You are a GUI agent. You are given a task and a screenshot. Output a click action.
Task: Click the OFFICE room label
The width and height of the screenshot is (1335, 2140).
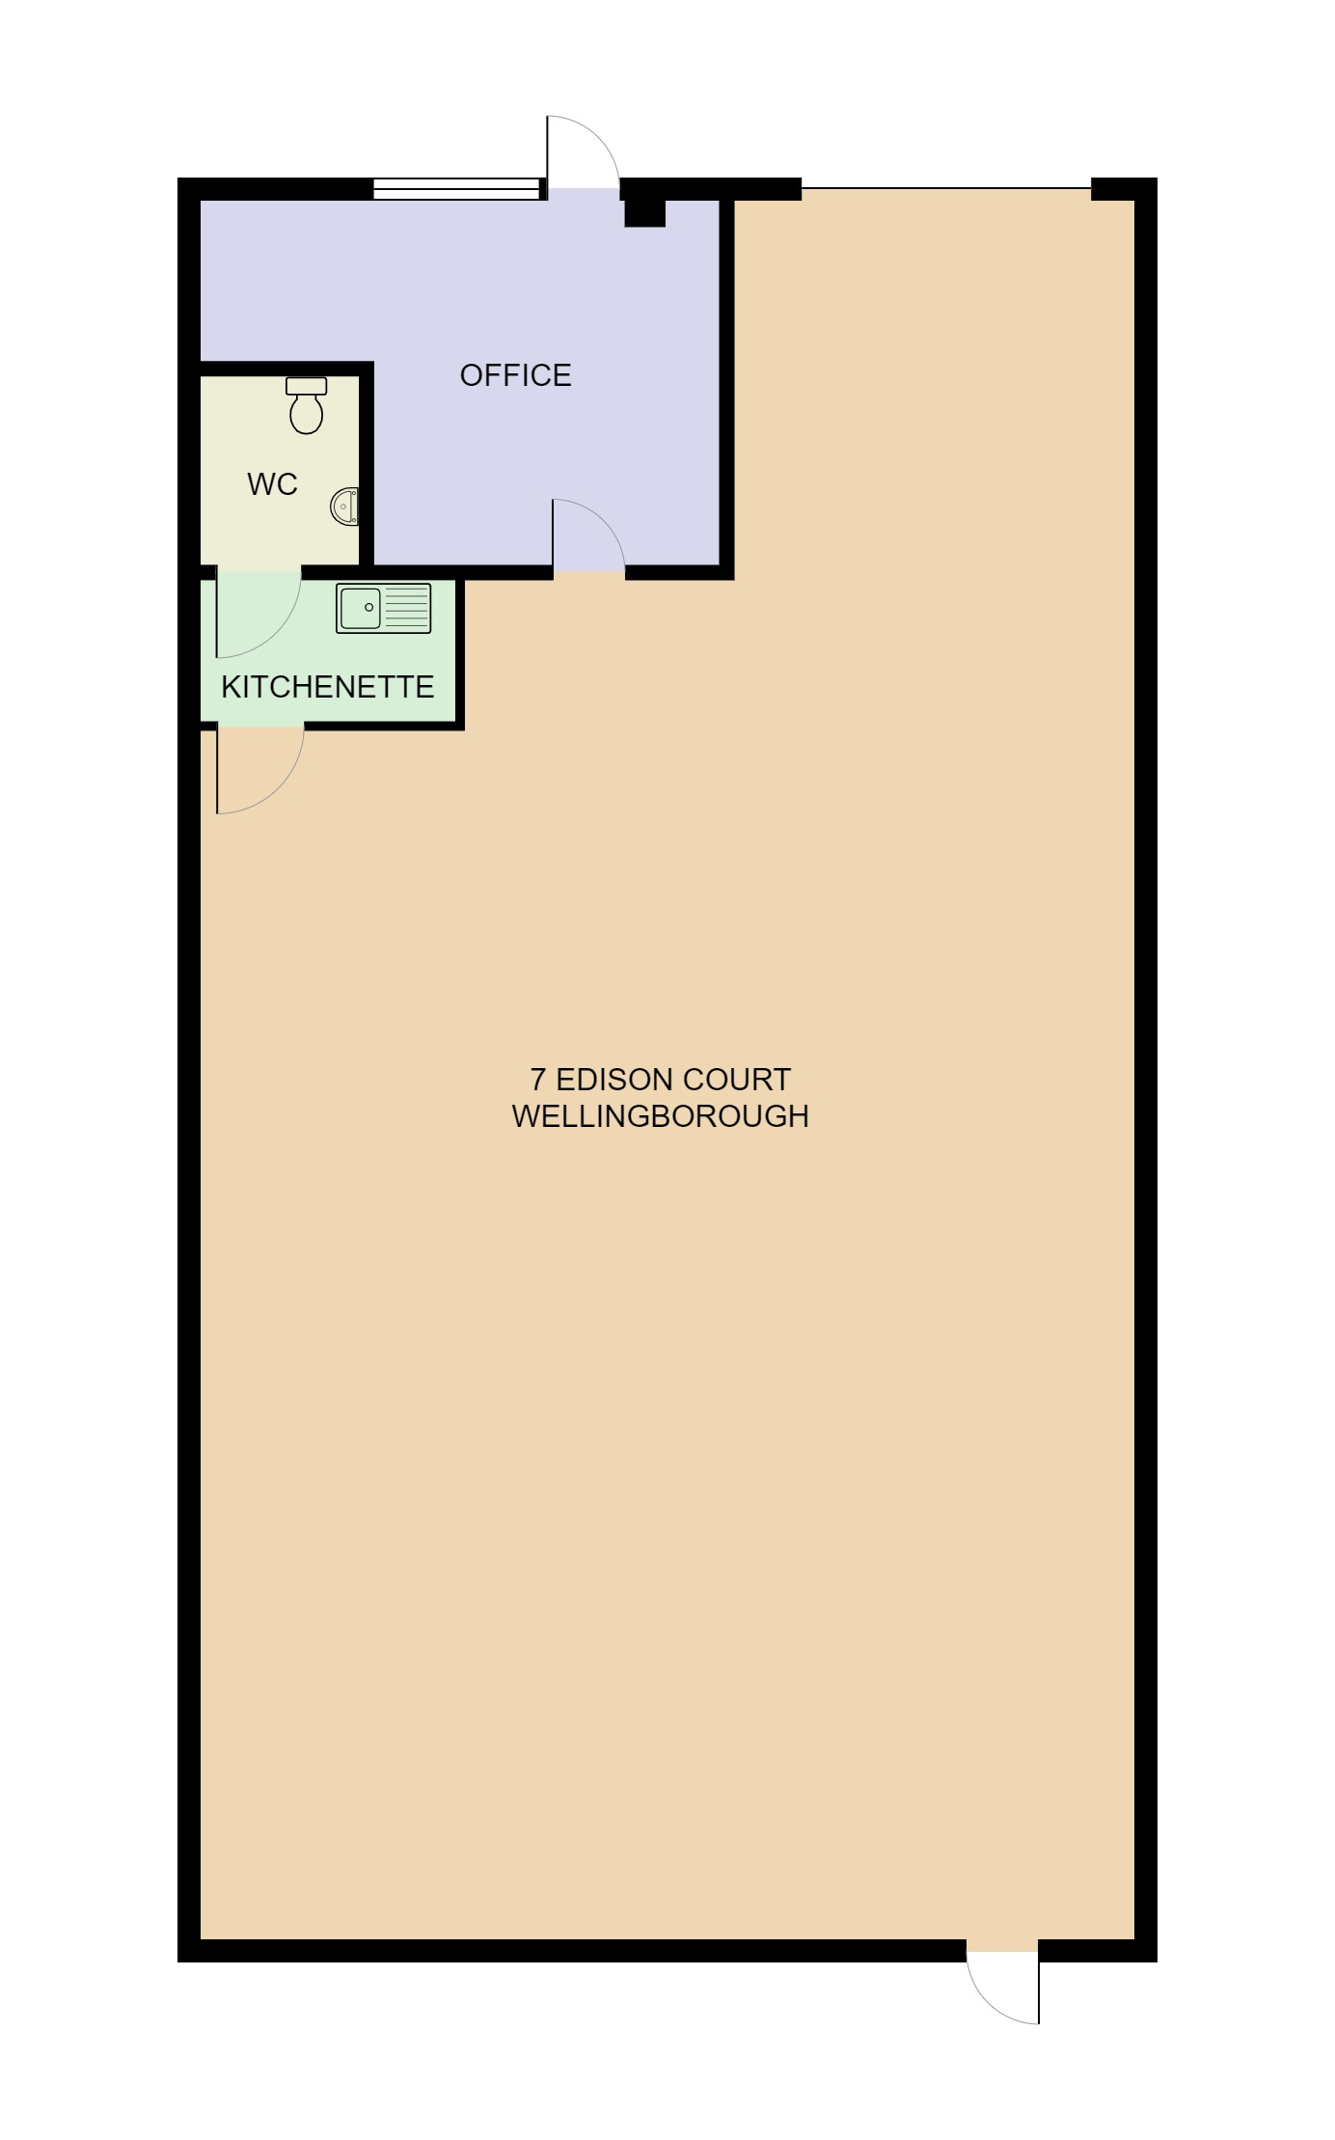(x=515, y=375)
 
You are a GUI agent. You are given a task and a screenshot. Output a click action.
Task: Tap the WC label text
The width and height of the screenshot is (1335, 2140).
(x=272, y=484)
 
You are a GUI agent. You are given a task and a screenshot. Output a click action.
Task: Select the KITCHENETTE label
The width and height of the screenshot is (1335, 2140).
(x=327, y=687)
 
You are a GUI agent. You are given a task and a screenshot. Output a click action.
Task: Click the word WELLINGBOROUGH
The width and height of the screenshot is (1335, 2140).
(x=660, y=1116)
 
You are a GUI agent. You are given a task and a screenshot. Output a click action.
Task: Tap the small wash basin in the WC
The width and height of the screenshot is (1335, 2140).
(x=345, y=506)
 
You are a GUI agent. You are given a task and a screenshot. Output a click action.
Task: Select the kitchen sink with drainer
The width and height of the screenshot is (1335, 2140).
(x=383, y=609)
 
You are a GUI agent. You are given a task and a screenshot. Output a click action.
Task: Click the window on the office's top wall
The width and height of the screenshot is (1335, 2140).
(x=456, y=189)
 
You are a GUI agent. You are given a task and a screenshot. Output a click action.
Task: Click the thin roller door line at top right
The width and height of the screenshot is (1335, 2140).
(x=945, y=188)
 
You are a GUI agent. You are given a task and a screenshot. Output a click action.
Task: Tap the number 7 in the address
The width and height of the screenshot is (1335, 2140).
(x=538, y=1080)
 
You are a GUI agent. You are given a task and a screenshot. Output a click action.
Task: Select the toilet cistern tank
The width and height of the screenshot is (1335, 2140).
(x=307, y=386)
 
